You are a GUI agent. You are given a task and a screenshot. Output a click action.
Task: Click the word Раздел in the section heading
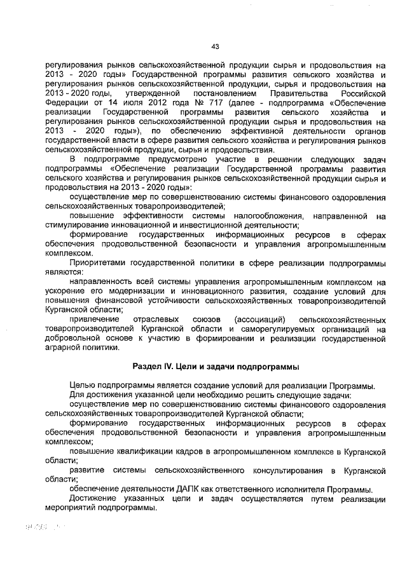click(x=147, y=367)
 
